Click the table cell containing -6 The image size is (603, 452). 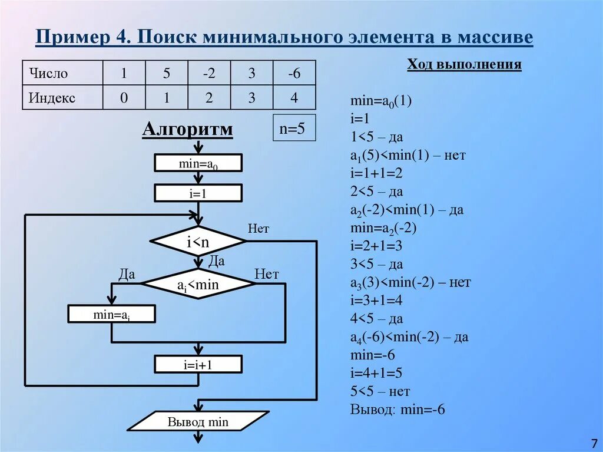click(294, 74)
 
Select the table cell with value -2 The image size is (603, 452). click(209, 74)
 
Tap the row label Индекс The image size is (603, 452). click(52, 98)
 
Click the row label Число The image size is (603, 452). click(48, 74)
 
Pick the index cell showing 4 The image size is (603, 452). click(294, 98)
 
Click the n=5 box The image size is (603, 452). click(294, 128)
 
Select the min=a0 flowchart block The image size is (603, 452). click(198, 163)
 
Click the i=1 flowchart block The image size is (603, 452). click(198, 193)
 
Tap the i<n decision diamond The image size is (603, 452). click(198, 241)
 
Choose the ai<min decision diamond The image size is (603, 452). click(198, 285)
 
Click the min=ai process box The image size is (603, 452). click(111, 314)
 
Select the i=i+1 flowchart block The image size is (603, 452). click(198, 364)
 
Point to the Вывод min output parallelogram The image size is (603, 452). click(198, 421)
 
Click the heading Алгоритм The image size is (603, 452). click(187, 129)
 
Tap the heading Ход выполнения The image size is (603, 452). click(464, 64)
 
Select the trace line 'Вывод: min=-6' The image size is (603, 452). click(397, 410)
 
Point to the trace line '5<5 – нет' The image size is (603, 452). click(380, 391)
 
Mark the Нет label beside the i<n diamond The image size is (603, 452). click(259, 229)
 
